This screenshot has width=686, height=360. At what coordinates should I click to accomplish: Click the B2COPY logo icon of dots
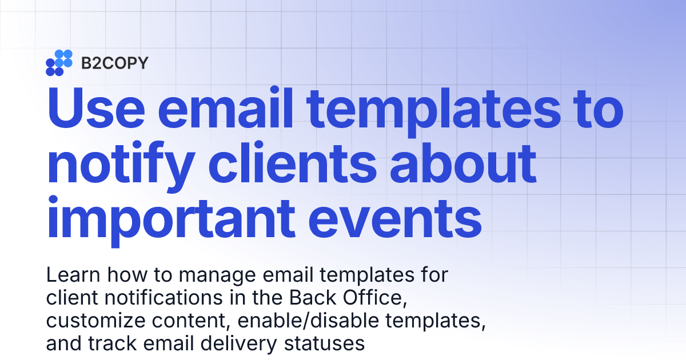[59, 63]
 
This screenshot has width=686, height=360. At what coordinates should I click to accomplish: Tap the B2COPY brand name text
[114, 63]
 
